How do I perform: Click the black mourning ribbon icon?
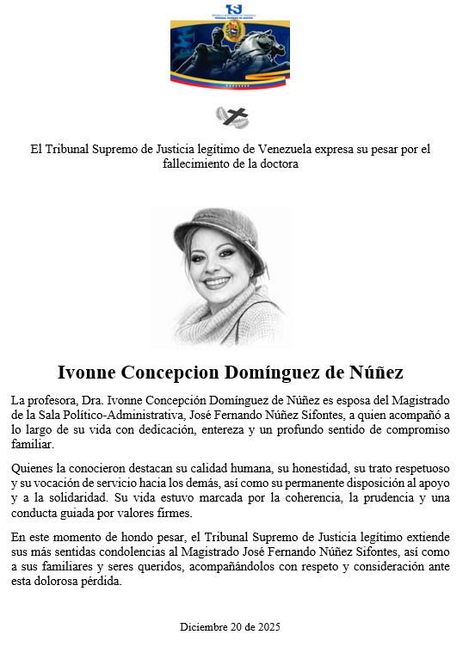tap(232, 115)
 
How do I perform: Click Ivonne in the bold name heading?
tap(87, 373)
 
